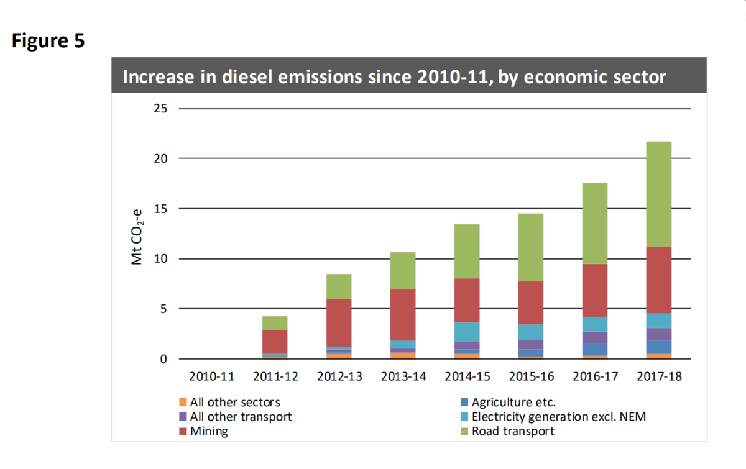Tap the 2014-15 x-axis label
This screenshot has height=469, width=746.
[x=463, y=376]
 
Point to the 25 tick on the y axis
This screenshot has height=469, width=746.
[x=160, y=109]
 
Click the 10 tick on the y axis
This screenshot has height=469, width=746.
[x=160, y=259]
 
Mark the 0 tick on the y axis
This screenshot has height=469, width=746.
[x=164, y=359]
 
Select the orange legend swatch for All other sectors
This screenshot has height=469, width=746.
[x=183, y=402]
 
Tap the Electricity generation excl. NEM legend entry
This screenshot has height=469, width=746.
[x=558, y=417]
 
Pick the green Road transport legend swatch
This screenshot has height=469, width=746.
[x=464, y=431]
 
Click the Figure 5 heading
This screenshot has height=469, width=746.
[x=48, y=42]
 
